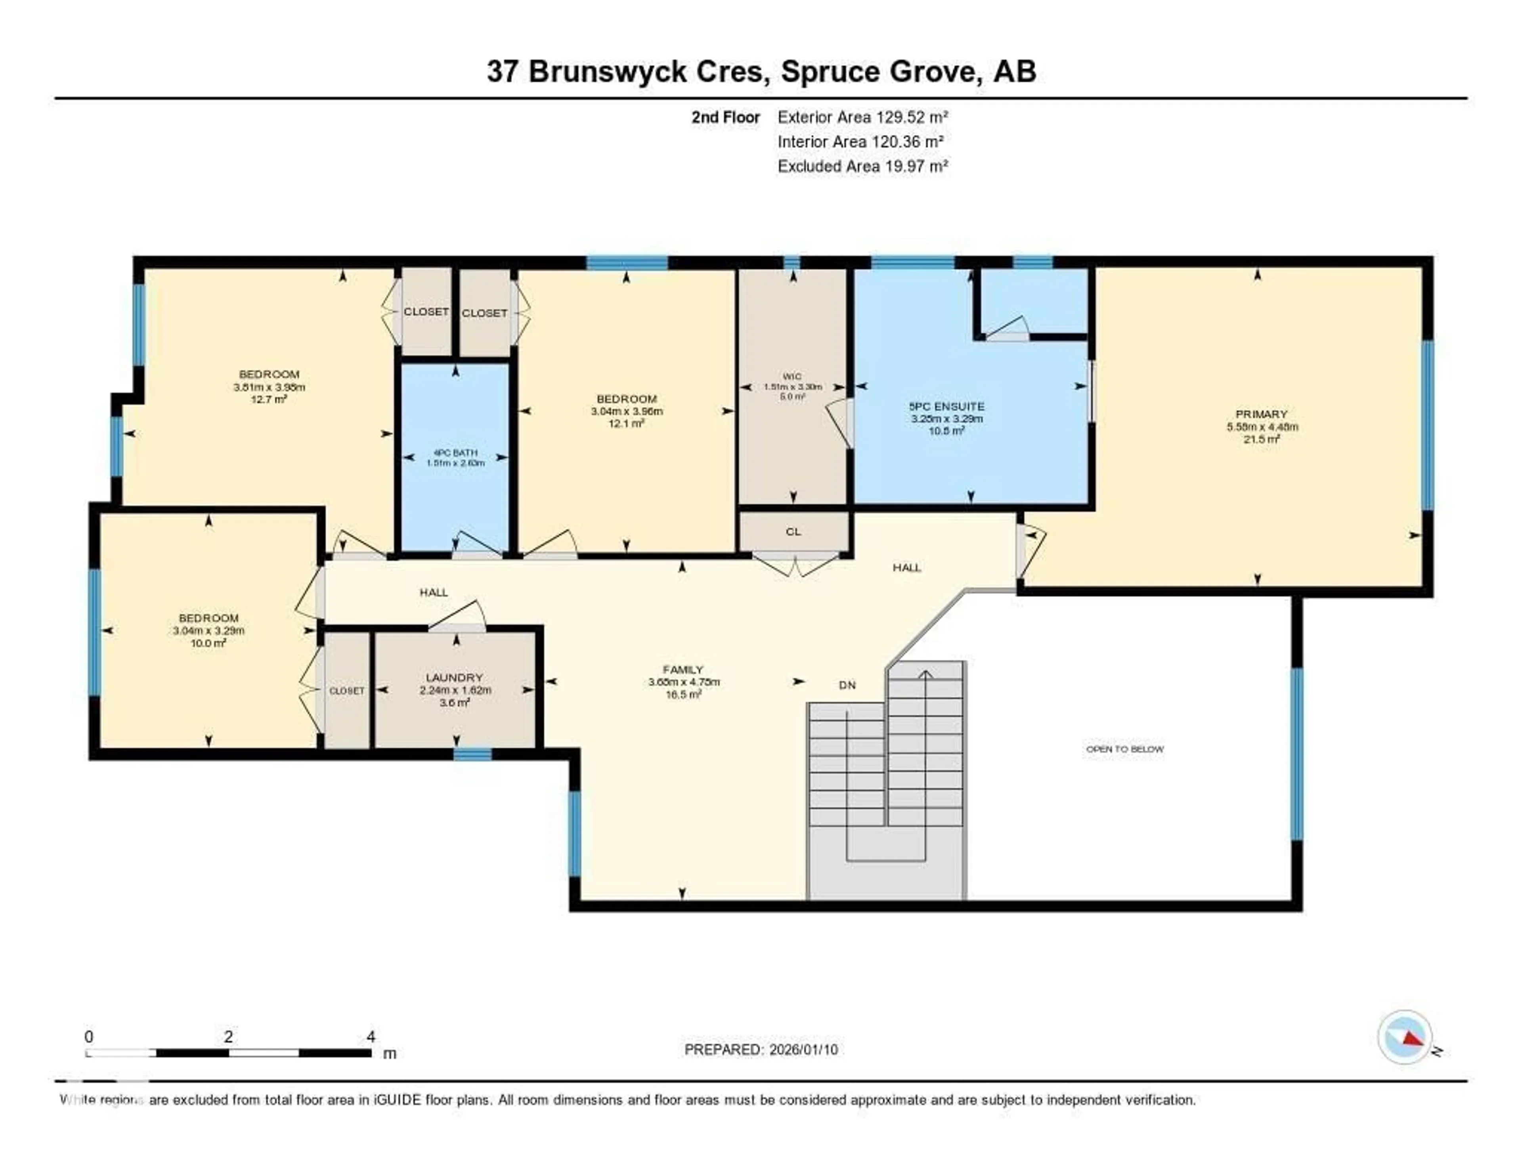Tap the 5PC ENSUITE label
tap(946, 406)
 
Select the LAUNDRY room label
tap(454, 678)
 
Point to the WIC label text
tap(792, 376)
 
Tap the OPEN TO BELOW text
tap(1124, 749)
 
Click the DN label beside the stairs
tap(847, 685)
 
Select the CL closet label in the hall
tap(793, 532)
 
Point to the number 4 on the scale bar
tap(371, 1036)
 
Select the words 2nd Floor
tap(725, 117)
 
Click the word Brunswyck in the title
tap(606, 72)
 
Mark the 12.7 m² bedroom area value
tap(269, 399)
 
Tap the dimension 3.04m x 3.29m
tap(208, 631)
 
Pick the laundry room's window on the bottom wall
tap(472, 754)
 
